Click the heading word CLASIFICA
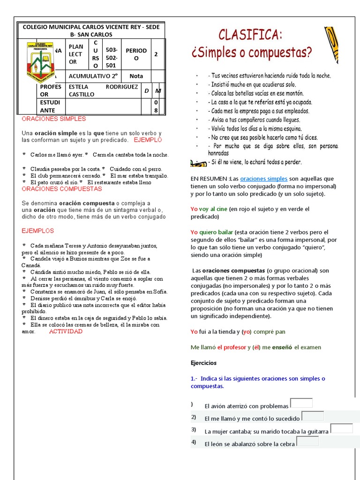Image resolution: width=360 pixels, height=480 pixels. tap(250, 35)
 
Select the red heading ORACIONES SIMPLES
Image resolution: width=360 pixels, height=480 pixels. tap(54, 119)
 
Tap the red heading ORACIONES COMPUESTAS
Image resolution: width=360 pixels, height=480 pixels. tap(61, 188)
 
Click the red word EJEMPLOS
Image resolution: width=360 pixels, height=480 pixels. tap(38, 231)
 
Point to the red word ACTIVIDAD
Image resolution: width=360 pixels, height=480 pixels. tap(66, 331)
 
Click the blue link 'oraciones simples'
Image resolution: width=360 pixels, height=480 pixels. tap(263, 179)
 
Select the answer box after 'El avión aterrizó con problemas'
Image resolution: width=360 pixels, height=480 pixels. tap(301, 403)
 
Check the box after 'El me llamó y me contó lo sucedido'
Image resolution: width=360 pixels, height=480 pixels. tap(313, 416)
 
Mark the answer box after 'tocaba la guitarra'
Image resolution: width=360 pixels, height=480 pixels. tap(342, 428)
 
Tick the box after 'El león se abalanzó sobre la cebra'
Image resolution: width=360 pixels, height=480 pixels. tap(307, 441)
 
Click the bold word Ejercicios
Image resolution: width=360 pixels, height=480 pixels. tap(203, 363)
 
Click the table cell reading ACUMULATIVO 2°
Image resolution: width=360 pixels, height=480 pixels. tap(93, 76)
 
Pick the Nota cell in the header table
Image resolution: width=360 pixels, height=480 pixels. tap(136, 76)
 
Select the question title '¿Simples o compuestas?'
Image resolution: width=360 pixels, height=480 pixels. tap(251, 52)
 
